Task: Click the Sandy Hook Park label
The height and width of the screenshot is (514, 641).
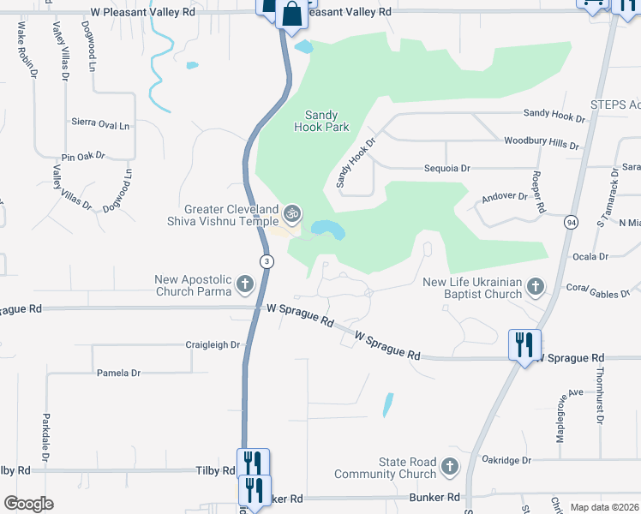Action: [321, 121]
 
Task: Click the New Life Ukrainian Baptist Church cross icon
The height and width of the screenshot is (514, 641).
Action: [536, 287]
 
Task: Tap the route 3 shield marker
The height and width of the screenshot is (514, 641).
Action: [267, 261]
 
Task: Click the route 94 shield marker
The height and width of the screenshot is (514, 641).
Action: [571, 222]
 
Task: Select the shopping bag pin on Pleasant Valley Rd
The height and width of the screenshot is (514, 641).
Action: [291, 15]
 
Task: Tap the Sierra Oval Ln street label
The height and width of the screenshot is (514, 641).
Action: [100, 124]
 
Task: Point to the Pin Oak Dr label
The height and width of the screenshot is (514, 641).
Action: [83, 157]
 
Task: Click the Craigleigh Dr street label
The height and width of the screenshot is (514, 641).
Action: [213, 344]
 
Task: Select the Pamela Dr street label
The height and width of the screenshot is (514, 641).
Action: [118, 374]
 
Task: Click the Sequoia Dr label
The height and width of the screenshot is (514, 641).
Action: [448, 169]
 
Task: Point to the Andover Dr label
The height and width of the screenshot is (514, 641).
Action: [505, 196]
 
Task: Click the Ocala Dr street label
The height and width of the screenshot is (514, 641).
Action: [590, 256]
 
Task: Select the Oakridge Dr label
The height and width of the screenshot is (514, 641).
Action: [507, 460]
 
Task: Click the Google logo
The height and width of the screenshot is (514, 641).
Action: [28, 504]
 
